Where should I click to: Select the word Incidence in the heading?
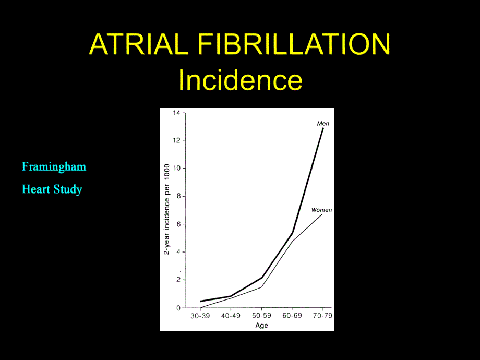(241, 80)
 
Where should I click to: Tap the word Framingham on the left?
(54, 167)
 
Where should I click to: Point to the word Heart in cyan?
(36, 189)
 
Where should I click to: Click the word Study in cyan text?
(68, 189)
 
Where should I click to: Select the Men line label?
(323, 123)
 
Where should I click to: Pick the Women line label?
(321, 210)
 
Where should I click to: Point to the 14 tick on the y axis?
(177, 113)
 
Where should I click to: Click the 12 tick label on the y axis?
(177, 140)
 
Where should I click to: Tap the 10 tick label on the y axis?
(177, 169)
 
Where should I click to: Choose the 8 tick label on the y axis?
(178, 196)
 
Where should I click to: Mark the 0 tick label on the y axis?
(178, 308)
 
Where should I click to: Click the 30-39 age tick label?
(200, 316)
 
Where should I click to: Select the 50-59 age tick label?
(261, 316)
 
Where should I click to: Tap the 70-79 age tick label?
(322, 316)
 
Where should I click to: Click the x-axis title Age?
(262, 326)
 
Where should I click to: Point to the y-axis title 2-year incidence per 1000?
(166, 209)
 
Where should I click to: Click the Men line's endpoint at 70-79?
(323, 128)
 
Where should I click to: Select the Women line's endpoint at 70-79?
(322, 214)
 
